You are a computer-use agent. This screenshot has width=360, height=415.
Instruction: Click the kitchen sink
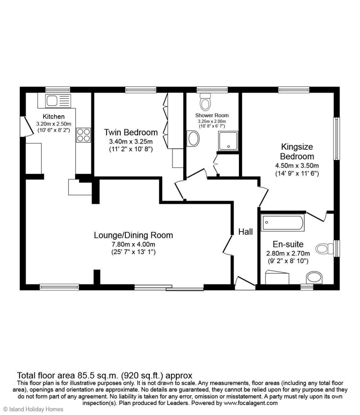pos(58,101)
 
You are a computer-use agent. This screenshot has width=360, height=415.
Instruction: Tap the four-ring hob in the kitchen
pos(84,135)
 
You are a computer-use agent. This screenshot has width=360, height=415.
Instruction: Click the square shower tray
pos(229,141)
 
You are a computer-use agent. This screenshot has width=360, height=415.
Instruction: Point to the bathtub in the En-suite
pos(282,222)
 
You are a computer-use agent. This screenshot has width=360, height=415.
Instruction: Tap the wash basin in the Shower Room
pos(193,138)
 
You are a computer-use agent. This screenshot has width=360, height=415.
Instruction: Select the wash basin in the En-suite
pos(314,278)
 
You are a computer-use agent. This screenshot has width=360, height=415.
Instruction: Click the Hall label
pos(246,232)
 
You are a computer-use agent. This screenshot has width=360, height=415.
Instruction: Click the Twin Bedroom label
pos(131,132)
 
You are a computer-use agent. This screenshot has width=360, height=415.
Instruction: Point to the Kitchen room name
pos(54,117)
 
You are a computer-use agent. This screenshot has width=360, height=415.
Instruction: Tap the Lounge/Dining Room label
pos(134,235)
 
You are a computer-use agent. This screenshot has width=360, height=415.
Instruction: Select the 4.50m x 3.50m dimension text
pos(297,166)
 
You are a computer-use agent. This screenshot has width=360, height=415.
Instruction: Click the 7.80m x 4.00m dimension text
pos(134,244)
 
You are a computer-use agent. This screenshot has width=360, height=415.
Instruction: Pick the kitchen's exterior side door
pos(27,127)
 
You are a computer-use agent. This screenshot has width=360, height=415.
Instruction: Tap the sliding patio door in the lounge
pos(169,288)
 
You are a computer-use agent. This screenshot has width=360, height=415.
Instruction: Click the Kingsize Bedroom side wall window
pos(337,139)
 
